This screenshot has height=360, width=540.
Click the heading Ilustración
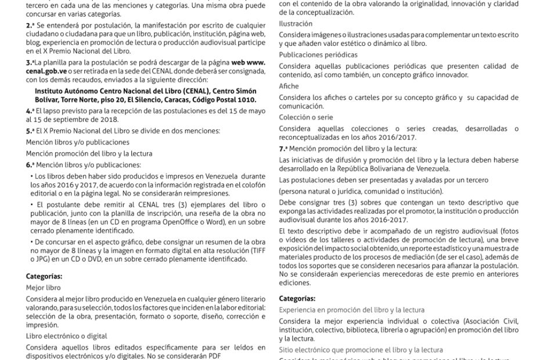[295, 24]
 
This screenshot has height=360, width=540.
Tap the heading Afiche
[289, 85]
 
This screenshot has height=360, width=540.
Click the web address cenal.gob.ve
[47, 71]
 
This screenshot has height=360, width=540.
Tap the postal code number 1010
[244, 99]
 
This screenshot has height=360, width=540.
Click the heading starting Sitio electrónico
[361, 350]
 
